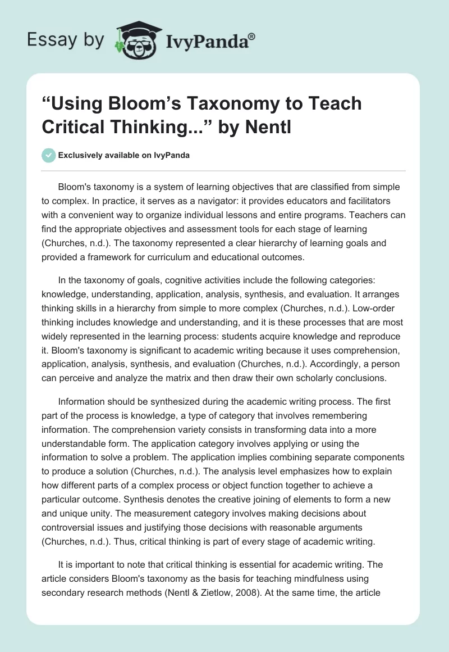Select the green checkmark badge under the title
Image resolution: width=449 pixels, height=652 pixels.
point(49,155)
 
